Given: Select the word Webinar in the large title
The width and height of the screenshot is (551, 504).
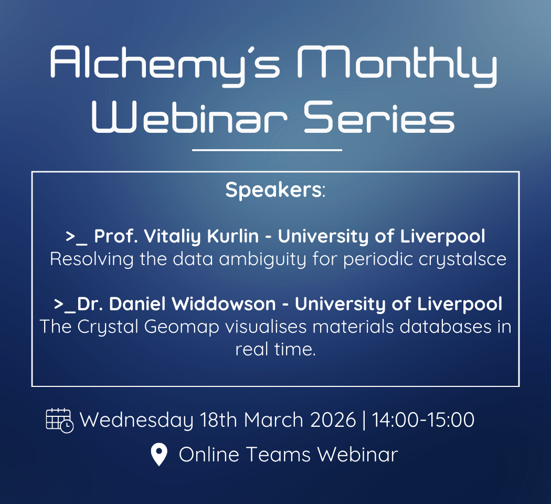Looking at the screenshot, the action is click(x=189, y=118).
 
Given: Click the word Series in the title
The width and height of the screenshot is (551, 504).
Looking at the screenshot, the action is click(x=379, y=118).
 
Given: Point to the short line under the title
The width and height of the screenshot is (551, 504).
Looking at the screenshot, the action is click(x=267, y=150).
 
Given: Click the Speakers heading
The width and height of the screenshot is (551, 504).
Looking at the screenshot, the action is click(x=275, y=190).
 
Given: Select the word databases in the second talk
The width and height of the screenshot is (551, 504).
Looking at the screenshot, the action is click(x=445, y=327).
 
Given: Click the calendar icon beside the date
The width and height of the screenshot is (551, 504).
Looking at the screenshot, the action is click(x=60, y=421).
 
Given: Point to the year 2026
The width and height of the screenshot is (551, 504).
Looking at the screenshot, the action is click(x=333, y=420).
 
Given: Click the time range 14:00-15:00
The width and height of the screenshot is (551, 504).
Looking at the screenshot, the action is click(x=423, y=420).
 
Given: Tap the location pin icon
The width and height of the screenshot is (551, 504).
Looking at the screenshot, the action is click(x=159, y=454).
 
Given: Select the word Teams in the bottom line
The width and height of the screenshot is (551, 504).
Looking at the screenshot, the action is click(x=278, y=455).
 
